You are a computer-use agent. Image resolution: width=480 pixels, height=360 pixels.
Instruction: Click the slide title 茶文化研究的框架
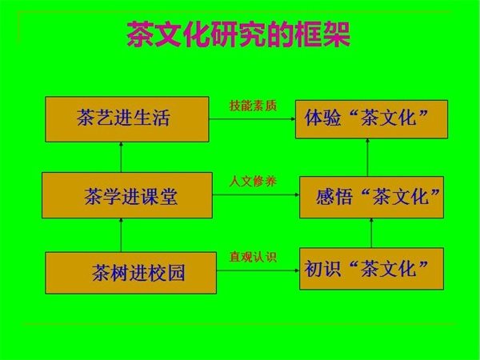pyautogui.click(x=238, y=34)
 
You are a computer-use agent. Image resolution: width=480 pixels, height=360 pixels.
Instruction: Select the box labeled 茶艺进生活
pyautogui.click(x=127, y=119)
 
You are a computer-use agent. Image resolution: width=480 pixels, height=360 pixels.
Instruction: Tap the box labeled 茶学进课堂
pyautogui.click(x=127, y=195)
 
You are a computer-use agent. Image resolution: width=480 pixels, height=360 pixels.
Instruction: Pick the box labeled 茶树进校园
pyautogui.click(x=130, y=273)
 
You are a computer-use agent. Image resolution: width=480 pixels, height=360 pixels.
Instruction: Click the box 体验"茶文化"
pyautogui.click(x=371, y=119)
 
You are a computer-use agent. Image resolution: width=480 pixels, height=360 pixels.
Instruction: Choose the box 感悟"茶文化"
pyautogui.click(x=371, y=197)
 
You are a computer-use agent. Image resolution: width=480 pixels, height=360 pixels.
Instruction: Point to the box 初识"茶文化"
pyautogui.click(x=371, y=269)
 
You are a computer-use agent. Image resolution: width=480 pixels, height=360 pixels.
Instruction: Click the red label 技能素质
pyautogui.click(x=253, y=106)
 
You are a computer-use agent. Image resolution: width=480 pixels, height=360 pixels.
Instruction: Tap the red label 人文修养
pyautogui.click(x=253, y=182)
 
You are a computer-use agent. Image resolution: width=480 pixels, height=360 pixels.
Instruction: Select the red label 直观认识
pyautogui.click(x=253, y=257)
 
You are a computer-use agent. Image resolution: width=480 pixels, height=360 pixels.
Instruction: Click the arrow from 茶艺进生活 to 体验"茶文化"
pyautogui.click(x=252, y=118)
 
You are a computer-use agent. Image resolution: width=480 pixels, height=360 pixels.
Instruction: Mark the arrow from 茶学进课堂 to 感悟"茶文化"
pyautogui.click(x=256, y=194)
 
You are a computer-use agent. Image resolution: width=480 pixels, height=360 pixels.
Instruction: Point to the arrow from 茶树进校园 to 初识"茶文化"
pyautogui.click(x=258, y=270)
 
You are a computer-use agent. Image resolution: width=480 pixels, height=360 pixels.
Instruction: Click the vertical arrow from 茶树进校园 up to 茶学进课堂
pyautogui.click(x=122, y=235)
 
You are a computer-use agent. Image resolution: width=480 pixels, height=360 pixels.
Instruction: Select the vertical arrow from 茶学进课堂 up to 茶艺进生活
pyautogui.click(x=122, y=157)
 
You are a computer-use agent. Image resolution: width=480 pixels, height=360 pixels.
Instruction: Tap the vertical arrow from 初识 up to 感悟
pyautogui.click(x=371, y=233)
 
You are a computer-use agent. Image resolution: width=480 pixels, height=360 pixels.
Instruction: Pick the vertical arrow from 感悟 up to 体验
pyautogui.click(x=367, y=158)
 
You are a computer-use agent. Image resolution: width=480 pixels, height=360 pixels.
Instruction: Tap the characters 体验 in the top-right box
pyautogui.click(x=322, y=118)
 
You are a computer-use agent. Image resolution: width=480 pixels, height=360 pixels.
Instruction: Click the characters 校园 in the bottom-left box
pyautogui.click(x=166, y=273)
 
